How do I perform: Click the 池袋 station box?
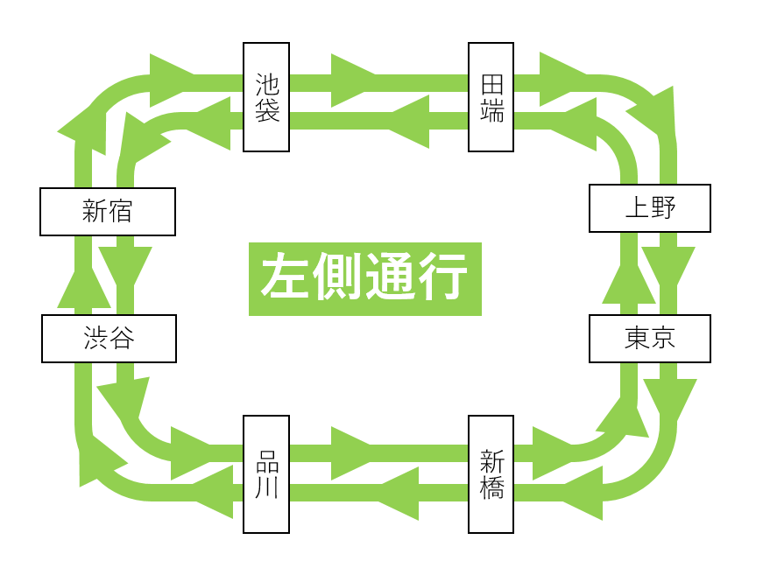pos(266,97)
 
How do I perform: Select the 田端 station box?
pos(491,97)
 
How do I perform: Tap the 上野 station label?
pos(649,208)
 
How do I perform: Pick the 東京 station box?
pos(649,339)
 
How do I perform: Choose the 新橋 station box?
pos(491,474)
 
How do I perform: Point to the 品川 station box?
pos(266,474)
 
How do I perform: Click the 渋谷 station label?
pos(109,339)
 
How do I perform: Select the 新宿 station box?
pos(107,212)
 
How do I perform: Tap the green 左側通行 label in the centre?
pos(364,278)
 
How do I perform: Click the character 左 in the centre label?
pos(286,278)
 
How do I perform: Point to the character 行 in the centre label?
pos(442,278)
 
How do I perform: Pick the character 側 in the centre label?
pos(338,278)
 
